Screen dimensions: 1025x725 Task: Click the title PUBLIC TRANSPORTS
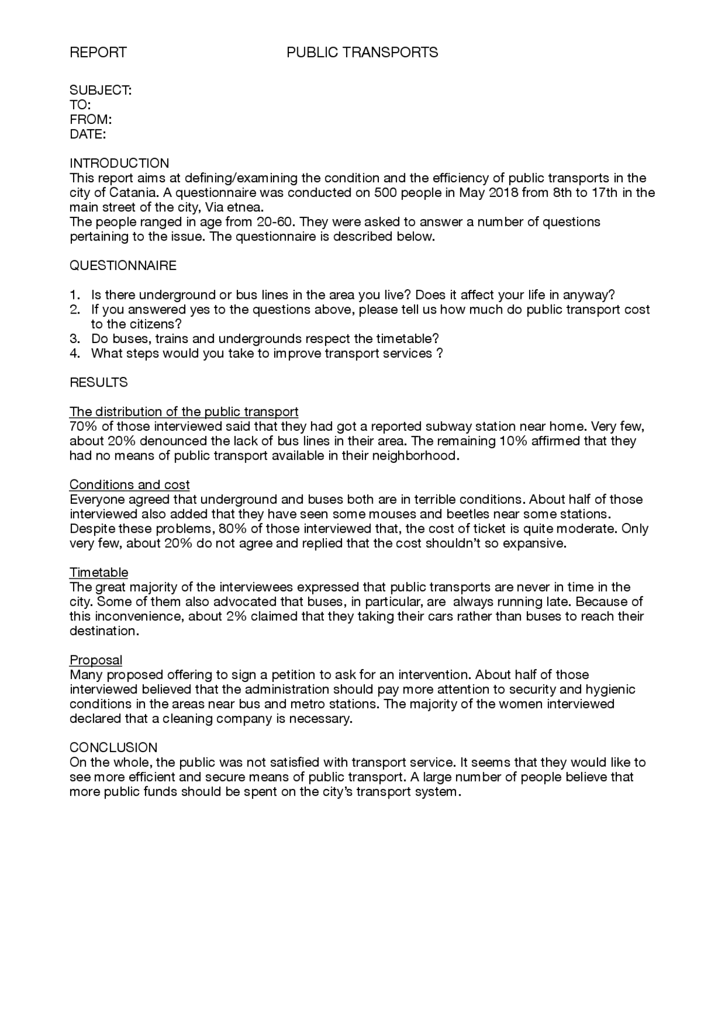pyautogui.click(x=362, y=53)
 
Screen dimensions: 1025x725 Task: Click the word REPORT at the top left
pyautogui.click(x=98, y=53)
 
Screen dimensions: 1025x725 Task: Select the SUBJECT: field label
pyautogui.click(x=100, y=91)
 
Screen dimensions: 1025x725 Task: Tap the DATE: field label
pyautogui.click(x=88, y=135)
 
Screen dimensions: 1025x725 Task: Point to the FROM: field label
pyautogui.click(x=91, y=120)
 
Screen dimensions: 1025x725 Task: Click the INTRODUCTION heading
pyautogui.click(x=119, y=164)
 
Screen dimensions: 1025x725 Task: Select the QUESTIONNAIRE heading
pyautogui.click(x=123, y=266)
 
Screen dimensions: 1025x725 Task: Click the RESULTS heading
pyautogui.click(x=99, y=383)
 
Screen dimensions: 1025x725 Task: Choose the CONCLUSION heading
pyautogui.click(x=113, y=748)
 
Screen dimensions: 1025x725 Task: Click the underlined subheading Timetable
pyautogui.click(x=99, y=572)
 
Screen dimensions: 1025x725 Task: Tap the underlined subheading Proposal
pyautogui.click(x=96, y=660)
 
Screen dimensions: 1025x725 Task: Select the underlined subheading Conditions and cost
pyautogui.click(x=129, y=485)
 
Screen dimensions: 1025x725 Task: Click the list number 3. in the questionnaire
pyautogui.click(x=75, y=339)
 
